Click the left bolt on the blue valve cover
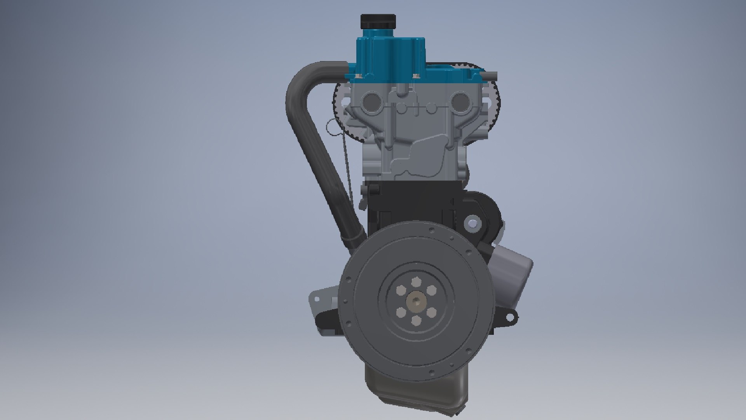point(358,76)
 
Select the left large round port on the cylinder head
point(370,102)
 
